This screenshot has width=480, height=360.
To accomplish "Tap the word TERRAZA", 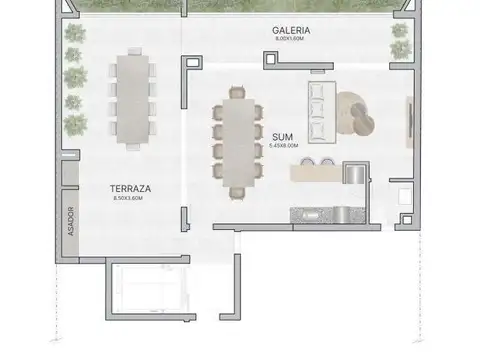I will pyautogui.click(x=129, y=187).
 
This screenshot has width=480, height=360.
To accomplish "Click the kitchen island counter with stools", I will pyautogui.click(x=318, y=172).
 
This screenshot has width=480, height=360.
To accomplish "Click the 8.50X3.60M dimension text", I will pyautogui.click(x=129, y=198).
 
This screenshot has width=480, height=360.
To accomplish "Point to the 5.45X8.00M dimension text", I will pyautogui.click(x=283, y=145).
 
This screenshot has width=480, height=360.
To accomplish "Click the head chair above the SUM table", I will pyautogui.click(x=238, y=92).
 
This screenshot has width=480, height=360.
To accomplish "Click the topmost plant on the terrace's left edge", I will pyautogui.click(x=74, y=34).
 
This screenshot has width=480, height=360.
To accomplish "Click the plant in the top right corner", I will pyautogui.click(x=401, y=44).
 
